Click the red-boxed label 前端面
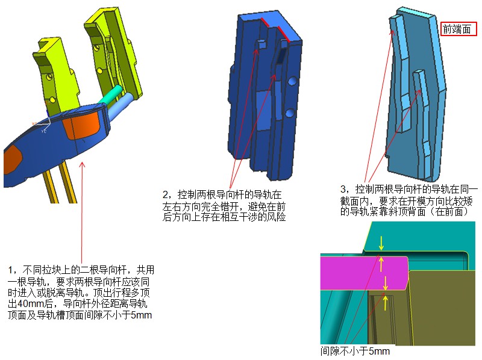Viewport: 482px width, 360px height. coord(459,29)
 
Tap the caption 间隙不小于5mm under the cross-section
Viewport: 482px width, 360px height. coord(355,351)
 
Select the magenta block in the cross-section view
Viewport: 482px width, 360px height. coord(365,273)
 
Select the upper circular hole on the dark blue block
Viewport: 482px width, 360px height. coord(292,81)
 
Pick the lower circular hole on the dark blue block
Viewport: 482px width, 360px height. coord(290,113)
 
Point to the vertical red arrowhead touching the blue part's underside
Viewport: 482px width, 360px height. coord(82,166)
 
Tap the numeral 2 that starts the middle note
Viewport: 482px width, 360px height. coord(165,194)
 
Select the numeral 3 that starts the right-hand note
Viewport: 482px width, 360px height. coord(343,189)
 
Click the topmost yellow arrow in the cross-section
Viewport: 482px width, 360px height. coord(381,243)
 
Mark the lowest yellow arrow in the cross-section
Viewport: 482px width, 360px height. coord(384,303)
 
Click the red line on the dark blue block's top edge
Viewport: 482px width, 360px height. coord(276,29)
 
